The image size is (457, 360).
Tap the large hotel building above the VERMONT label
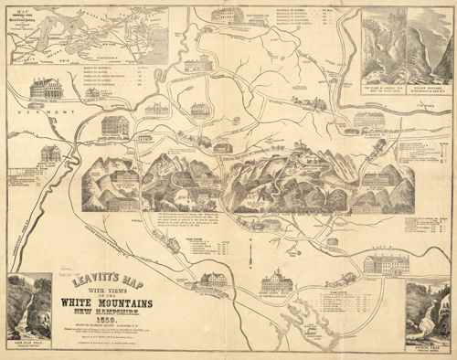coord(46,89)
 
